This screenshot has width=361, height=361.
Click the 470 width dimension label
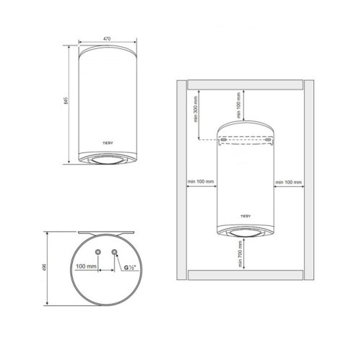tap(107, 39)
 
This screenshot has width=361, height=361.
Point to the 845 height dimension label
tap(66, 100)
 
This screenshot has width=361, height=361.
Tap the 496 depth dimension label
tap(44, 266)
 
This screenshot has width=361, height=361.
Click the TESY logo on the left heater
tap(108, 143)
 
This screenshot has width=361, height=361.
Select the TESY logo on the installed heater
tap(245, 216)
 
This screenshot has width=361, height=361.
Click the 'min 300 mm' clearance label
tap(196, 109)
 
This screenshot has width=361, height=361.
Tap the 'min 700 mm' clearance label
tap(240, 254)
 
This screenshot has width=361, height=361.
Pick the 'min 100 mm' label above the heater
tap(238, 105)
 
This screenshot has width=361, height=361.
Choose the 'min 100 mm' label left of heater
tap(201, 181)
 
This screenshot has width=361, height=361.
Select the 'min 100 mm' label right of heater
tap(289, 182)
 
